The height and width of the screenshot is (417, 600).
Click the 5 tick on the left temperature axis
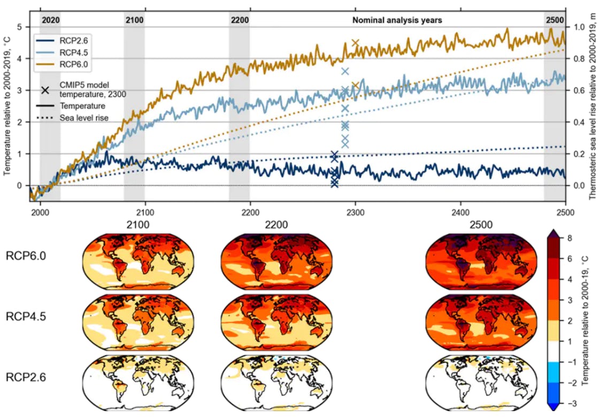pos(20,27)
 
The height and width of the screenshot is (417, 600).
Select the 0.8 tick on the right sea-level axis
pos(580,59)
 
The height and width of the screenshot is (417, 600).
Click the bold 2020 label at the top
pos(50,20)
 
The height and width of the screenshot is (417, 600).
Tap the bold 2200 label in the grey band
pos(240,20)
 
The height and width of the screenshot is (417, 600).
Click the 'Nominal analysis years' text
pos(397,20)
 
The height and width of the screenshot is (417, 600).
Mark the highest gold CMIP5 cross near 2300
pos(356,43)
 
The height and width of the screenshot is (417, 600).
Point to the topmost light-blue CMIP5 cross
pos(345,71)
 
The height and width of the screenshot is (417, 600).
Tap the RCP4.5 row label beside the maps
pos(26,316)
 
